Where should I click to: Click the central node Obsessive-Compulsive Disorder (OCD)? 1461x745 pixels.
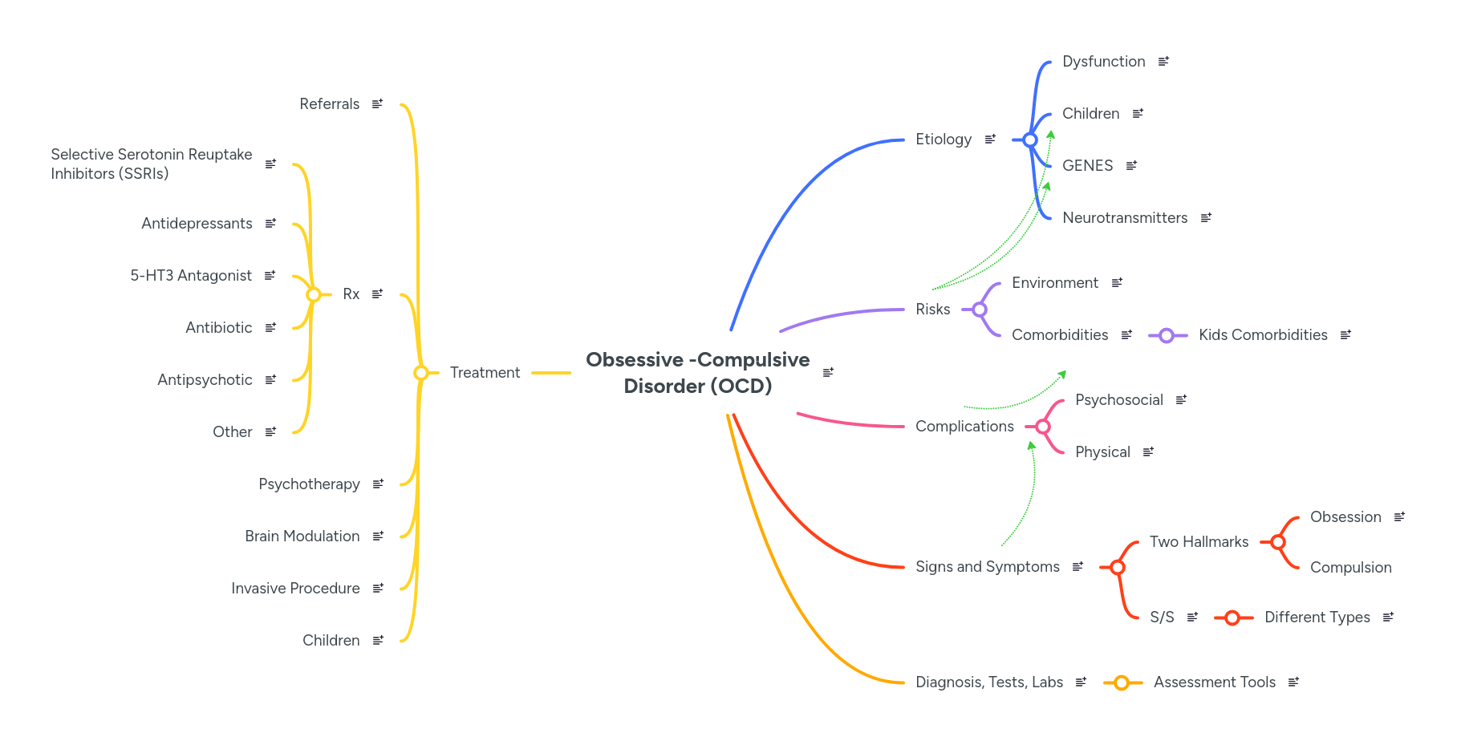(697, 373)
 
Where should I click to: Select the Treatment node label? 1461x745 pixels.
(485, 373)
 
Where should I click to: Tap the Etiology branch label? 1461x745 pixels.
(943, 140)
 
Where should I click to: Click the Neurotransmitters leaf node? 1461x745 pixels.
(1124, 218)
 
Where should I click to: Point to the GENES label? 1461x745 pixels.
(1087, 166)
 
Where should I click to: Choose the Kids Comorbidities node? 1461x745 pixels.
(1262, 335)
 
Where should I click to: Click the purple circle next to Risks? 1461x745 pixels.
(980, 310)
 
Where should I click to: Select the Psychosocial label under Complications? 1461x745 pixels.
(1118, 400)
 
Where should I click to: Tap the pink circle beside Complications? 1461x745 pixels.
(1043, 427)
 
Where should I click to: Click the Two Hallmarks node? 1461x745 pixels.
(1199, 542)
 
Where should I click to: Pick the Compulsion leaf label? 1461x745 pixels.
(1350, 568)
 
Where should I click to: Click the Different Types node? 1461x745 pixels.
(1317, 617)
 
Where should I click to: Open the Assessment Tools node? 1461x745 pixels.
(1214, 682)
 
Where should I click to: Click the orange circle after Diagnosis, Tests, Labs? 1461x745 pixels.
(1122, 683)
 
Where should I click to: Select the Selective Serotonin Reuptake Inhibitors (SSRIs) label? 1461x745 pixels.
(151, 164)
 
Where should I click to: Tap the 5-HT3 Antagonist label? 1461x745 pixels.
(191, 276)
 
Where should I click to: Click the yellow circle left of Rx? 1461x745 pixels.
(314, 295)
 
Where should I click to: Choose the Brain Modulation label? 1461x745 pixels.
(302, 536)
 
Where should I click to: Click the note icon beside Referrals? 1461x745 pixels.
(377, 104)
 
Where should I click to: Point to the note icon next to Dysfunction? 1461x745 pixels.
(1163, 62)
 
